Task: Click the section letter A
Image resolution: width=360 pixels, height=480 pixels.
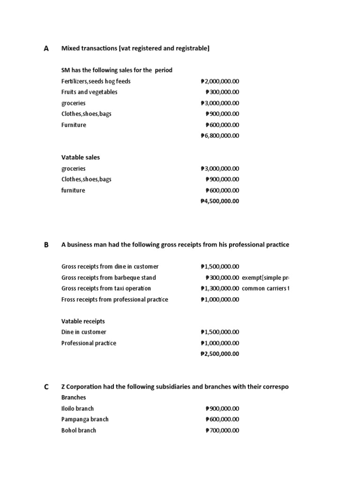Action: pos(46,48)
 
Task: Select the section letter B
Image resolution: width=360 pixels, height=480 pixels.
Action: pos(46,245)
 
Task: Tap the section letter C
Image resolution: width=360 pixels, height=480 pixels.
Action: pos(46,387)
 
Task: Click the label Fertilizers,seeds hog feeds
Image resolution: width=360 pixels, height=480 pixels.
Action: pos(96,81)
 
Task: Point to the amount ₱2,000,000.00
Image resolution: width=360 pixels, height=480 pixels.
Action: pos(219,81)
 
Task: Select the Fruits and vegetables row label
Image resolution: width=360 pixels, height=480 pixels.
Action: pos(90,92)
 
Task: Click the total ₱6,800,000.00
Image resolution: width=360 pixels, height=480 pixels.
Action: pos(219,136)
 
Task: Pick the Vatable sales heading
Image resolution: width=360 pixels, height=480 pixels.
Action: pos(81,157)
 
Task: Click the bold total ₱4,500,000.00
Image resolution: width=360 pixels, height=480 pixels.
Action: pos(219,201)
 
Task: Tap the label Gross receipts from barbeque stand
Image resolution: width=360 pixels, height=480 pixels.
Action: pos(109,277)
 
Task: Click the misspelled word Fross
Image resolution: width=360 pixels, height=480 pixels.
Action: pos(69,300)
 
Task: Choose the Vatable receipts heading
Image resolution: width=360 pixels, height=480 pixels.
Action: pos(83,321)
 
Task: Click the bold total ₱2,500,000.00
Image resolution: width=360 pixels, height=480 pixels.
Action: pos(219,354)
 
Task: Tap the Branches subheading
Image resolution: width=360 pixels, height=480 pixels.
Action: pos(74,397)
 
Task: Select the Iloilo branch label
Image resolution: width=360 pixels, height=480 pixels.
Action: pos(77,408)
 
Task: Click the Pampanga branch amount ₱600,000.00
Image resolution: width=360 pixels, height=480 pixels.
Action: pos(222,420)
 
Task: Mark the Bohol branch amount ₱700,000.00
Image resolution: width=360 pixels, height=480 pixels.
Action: pos(222,430)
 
